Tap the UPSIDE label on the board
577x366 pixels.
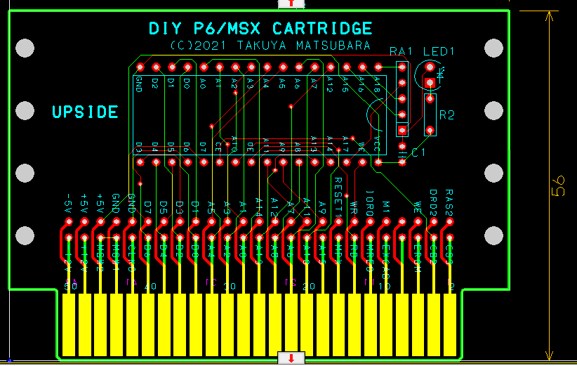tap(85, 112)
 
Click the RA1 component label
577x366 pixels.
tap(401, 52)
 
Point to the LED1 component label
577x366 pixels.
tap(439, 52)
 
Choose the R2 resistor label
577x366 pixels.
tap(446, 115)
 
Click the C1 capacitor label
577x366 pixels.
tap(419, 152)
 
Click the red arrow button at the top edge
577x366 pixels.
tap(291, 4)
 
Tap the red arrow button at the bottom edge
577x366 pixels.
tap(291, 358)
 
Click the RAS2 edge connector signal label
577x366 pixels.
tap(449, 202)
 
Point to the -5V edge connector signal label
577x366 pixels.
tap(69, 203)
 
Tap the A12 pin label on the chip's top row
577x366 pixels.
tap(329, 84)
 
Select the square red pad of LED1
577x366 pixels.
tap(430, 82)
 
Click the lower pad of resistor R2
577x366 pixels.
tap(430, 130)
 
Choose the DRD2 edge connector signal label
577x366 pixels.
tap(433, 202)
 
